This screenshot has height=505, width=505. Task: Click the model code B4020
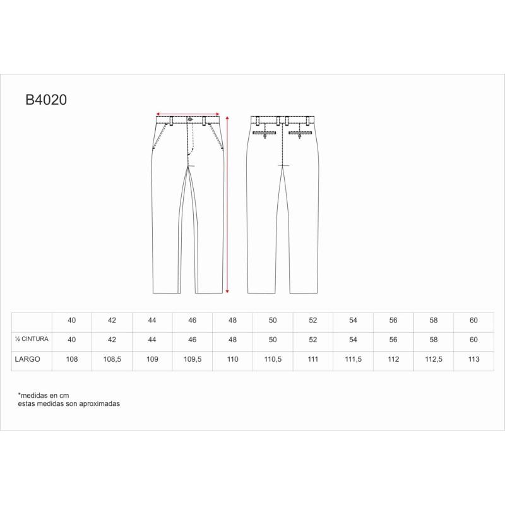point(46,100)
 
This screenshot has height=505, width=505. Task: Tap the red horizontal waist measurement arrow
point(187,114)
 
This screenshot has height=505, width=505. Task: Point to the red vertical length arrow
point(227,205)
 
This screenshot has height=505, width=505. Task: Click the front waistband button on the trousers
point(190,119)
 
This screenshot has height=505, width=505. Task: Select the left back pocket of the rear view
point(264,133)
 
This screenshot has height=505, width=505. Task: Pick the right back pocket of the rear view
point(300,133)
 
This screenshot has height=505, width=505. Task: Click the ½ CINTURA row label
point(32,339)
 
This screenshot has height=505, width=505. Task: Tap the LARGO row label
point(27,359)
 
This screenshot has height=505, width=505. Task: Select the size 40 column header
point(72,320)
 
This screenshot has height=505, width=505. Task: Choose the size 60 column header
point(473,320)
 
